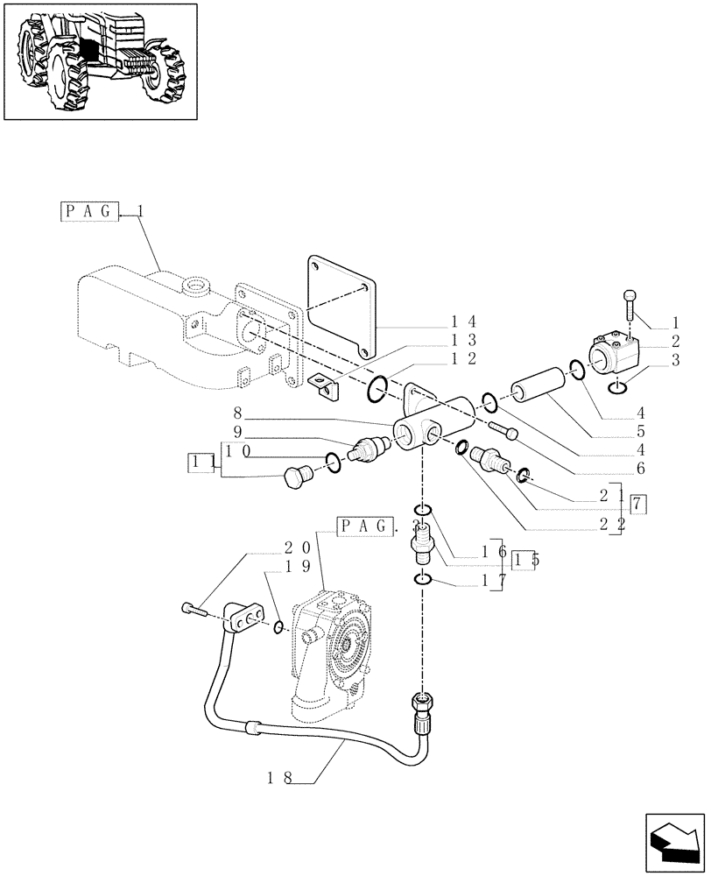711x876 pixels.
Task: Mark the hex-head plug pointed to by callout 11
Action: click(x=297, y=477)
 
